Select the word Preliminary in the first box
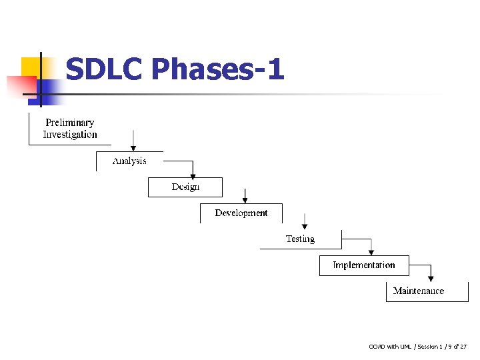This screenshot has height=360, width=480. click(x=69, y=123)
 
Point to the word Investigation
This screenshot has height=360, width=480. click(x=69, y=135)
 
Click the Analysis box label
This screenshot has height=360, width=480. click(x=129, y=161)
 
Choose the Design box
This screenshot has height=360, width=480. click(x=185, y=187)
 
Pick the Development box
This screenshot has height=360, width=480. click(x=241, y=213)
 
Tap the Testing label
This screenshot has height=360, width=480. click(x=300, y=239)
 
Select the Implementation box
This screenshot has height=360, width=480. click(x=363, y=265)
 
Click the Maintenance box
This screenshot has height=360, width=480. click(x=419, y=291)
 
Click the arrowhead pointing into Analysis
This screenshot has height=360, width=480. click(x=134, y=147)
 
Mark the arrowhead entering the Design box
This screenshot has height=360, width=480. click(x=193, y=175)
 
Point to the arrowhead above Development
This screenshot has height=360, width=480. click(x=245, y=199)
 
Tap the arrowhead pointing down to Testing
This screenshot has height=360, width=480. click(x=305, y=225)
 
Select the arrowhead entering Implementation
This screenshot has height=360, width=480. click(x=371, y=252)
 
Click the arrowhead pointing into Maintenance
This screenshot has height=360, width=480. click(x=431, y=278)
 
